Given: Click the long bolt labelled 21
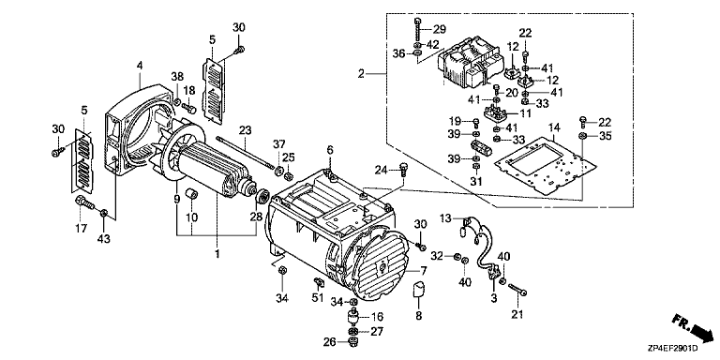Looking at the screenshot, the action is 517,291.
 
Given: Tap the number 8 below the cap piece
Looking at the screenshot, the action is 419,315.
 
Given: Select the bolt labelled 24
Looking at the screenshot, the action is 404,171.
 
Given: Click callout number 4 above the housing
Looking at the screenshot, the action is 140,67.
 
